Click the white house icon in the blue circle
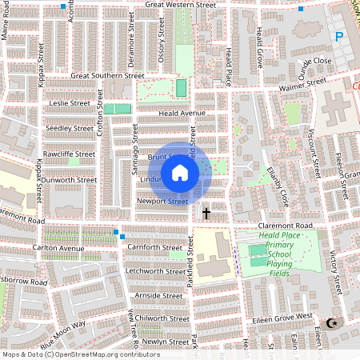coord(180,172)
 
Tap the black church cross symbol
coord(206,213)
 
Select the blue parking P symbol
coord(339,36)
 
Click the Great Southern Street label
coord(107,76)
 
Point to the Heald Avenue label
coord(182,114)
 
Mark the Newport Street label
coord(162,202)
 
